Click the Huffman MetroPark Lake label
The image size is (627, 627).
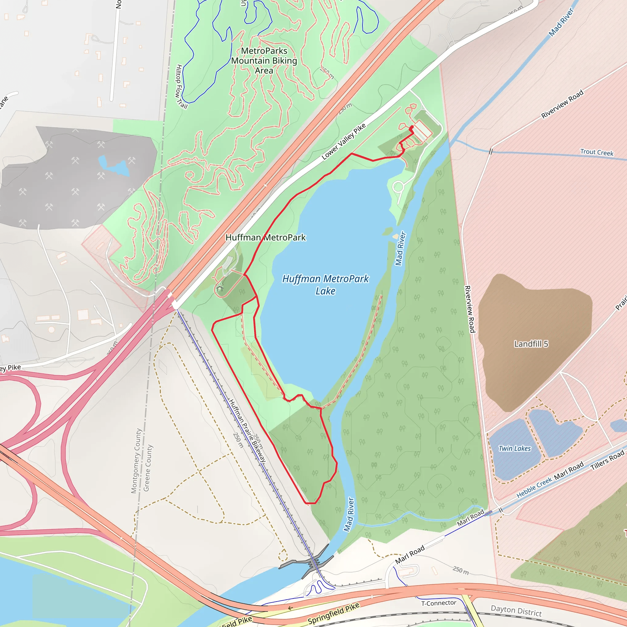click(325, 285)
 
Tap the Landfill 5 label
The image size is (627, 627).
click(531, 344)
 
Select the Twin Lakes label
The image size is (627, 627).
click(515, 449)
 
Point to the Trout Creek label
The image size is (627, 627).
click(596, 152)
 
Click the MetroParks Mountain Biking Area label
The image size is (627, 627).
click(264, 61)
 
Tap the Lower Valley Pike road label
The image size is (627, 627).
click(344, 141)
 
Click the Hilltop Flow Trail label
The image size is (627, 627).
click(181, 87)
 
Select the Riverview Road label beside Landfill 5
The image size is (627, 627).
click(470, 309)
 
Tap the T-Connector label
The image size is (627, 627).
click(438, 603)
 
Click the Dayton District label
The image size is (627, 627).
click(516, 611)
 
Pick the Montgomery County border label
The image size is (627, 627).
click(136, 461)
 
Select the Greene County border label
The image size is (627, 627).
click(148, 468)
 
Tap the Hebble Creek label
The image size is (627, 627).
click(534, 487)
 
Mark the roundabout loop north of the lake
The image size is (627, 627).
click(398, 187)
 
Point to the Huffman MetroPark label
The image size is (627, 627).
click(265, 238)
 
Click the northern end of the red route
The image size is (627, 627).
click(412, 127)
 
